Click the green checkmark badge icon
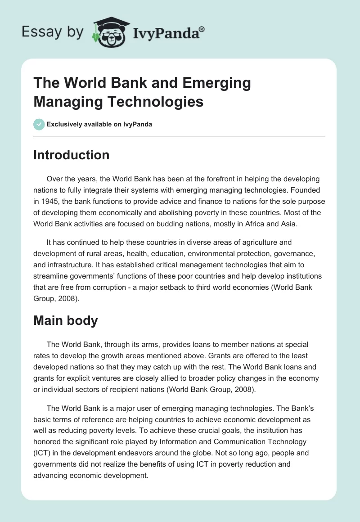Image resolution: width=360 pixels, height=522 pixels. pos(39,124)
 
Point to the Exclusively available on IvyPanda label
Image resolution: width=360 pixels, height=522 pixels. pos(99,124)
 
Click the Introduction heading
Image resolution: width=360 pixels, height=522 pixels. pos(72,155)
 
